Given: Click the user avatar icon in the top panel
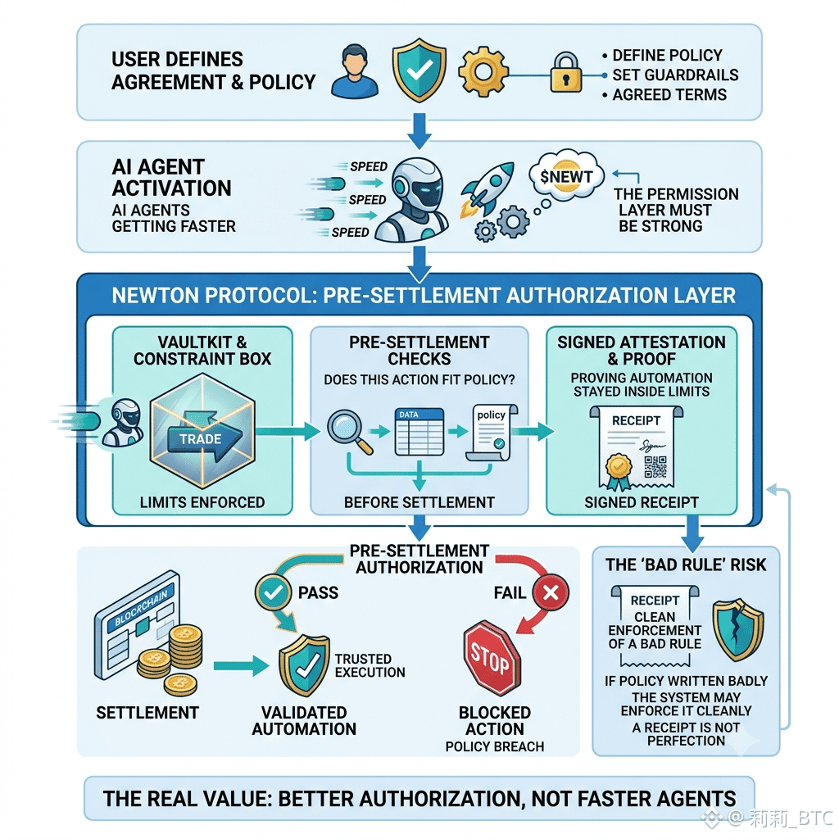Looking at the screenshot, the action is point(354,71).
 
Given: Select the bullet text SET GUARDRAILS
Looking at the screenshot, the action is point(675,75).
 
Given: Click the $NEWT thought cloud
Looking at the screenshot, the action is point(566,175).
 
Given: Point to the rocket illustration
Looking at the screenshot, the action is point(487,189).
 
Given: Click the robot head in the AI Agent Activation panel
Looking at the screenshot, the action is point(419,184).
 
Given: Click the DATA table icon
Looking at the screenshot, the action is point(419,432).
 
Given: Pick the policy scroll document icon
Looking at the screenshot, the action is point(492,433).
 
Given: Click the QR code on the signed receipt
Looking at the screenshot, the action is point(655,466).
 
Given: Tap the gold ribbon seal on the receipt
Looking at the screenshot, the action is point(618,471).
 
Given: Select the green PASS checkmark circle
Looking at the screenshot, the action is point(274,592).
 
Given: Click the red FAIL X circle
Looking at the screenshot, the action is point(551,592).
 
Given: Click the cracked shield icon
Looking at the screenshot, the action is point(738,629).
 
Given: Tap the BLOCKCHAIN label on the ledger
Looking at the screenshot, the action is point(141,605).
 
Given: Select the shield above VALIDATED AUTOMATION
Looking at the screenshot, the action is point(304,665).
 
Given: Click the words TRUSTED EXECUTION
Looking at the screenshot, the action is point(370,665).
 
